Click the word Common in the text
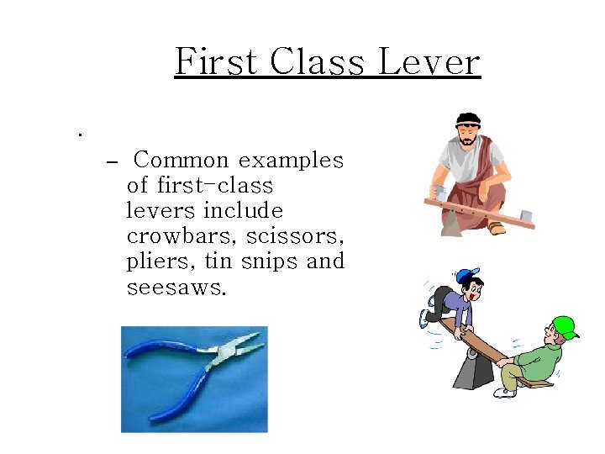(181, 160)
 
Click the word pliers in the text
(155, 261)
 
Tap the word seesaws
(176, 287)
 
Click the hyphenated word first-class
(199, 185)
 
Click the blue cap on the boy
(466, 276)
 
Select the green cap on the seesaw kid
(565, 326)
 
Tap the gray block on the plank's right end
(526, 216)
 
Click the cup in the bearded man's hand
(437, 193)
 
